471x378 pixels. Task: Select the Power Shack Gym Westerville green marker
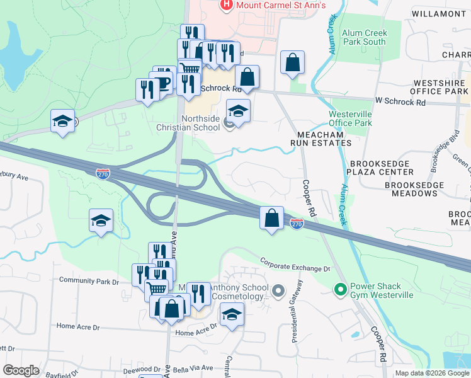pos(341,290)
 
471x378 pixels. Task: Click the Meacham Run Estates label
pos(321,139)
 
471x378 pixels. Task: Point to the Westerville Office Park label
pos(351,118)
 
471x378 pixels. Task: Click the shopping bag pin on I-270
pos(271,218)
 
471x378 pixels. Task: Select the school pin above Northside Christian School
pos(238,111)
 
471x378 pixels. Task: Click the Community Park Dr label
pos(89,280)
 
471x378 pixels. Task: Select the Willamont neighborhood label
pos(439,13)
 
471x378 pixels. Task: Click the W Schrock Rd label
pos(400,101)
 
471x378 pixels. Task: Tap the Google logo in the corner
pos(21,370)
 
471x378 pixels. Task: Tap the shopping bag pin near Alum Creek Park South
pos(293,62)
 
